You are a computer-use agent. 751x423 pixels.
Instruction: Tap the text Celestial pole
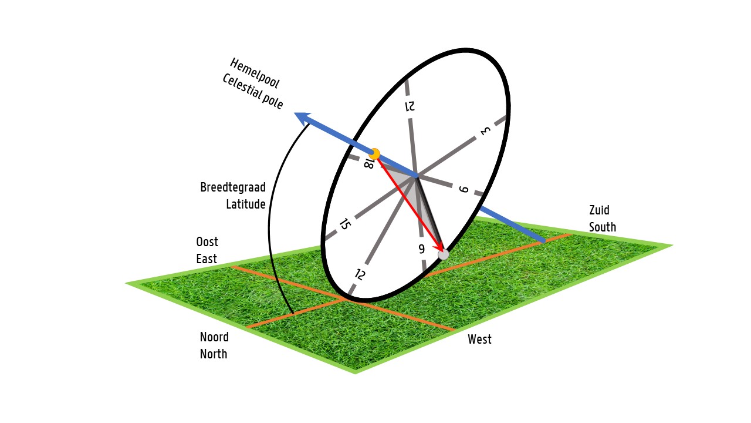click(x=253, y=92)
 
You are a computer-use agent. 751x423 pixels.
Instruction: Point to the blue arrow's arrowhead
click(x=303, y=118)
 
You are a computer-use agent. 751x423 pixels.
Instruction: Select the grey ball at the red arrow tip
click(x=444, y=254)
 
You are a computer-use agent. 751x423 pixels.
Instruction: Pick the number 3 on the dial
click(x=485, y=130)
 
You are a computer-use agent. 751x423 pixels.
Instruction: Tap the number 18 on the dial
click(x=368, y=163)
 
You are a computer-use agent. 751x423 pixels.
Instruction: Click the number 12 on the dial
click(x=360, y=274)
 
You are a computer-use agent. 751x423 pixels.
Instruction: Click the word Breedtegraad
click(x=233, y=187)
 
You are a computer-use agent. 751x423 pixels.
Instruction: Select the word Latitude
click(x=246, y=204)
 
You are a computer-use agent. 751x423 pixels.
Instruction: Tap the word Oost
click(x=207, y=242)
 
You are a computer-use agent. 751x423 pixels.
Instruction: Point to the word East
click(x=207, y=258)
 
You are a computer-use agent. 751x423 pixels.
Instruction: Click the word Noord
click(x=214, y=337)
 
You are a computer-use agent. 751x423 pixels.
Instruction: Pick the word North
click(x=214, y=354)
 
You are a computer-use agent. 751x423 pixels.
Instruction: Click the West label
click(x=479, y=339)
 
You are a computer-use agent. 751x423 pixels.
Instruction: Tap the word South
click(x=603, y=227)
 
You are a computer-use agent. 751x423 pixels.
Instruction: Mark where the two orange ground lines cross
click(x=344, y=300)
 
